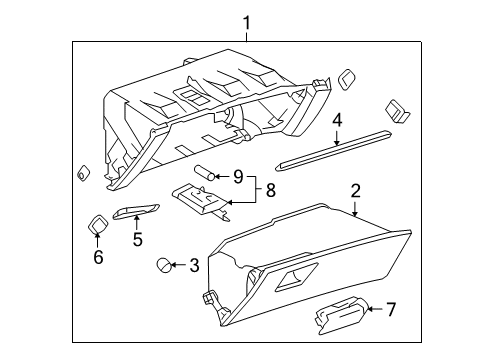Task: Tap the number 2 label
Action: (354, 190)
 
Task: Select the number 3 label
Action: (195, 265)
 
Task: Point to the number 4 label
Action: (337, 121)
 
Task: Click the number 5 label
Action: (137, 241)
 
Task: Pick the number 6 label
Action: (98, 256)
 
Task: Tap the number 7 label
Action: (391, 309)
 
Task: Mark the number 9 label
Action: (238, 177)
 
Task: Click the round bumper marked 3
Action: (166, 265)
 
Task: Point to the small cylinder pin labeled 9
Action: (206, 172)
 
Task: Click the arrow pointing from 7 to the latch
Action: (375, 309)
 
